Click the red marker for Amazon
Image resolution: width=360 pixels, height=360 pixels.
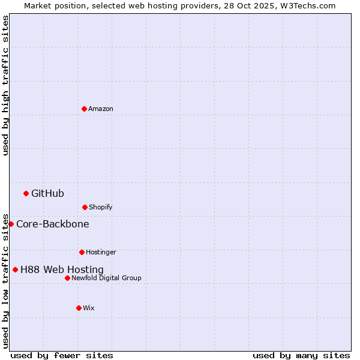pyautogui.click(x=84, y=109)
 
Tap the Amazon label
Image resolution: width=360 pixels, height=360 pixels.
pyautogui.click(x=101, y=109)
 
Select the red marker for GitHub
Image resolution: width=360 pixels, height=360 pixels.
pyautogui.click(x=26, y=193)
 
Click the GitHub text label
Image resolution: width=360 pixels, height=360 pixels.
pyautogui.click(x=47, y=193)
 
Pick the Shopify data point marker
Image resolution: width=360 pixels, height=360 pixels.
pyautogui.click(x=85, y=207)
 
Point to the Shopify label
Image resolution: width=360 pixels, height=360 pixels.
pyautogui.click(x=100, y=207)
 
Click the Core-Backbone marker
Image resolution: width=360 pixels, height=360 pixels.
pyautogui.click(x=11, y=224)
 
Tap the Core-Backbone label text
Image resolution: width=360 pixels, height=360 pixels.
pyautogui.click(x=53, y=224)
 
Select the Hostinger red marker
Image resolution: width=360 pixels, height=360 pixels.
pyautogui.click(x=82, y=252)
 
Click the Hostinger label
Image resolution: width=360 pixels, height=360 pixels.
pyautogui.click(x=101, y=252)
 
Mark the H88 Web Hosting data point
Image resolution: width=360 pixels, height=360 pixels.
pyautogui.click(x=15, y=269)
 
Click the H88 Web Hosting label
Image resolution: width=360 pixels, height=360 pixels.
pyautogui.click(x=62, y=270)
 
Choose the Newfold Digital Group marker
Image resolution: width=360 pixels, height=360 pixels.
pyautogui.click(x=67, y=278)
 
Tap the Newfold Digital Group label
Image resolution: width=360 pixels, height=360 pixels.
pyautogui.click(x=106, y=278)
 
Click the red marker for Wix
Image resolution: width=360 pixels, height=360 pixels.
pyautogui.click(x=79, y=308)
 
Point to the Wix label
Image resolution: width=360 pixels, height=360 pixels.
pyautogui.click(x=89, y=308)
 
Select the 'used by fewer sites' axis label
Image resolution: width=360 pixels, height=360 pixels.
pyautogui.click(x=62, y=355)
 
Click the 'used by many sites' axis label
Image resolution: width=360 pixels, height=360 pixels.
pyautogui.click(x=301, y=355)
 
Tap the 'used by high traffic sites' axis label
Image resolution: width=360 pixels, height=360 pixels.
pyautogui.click(x=5, y=85)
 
